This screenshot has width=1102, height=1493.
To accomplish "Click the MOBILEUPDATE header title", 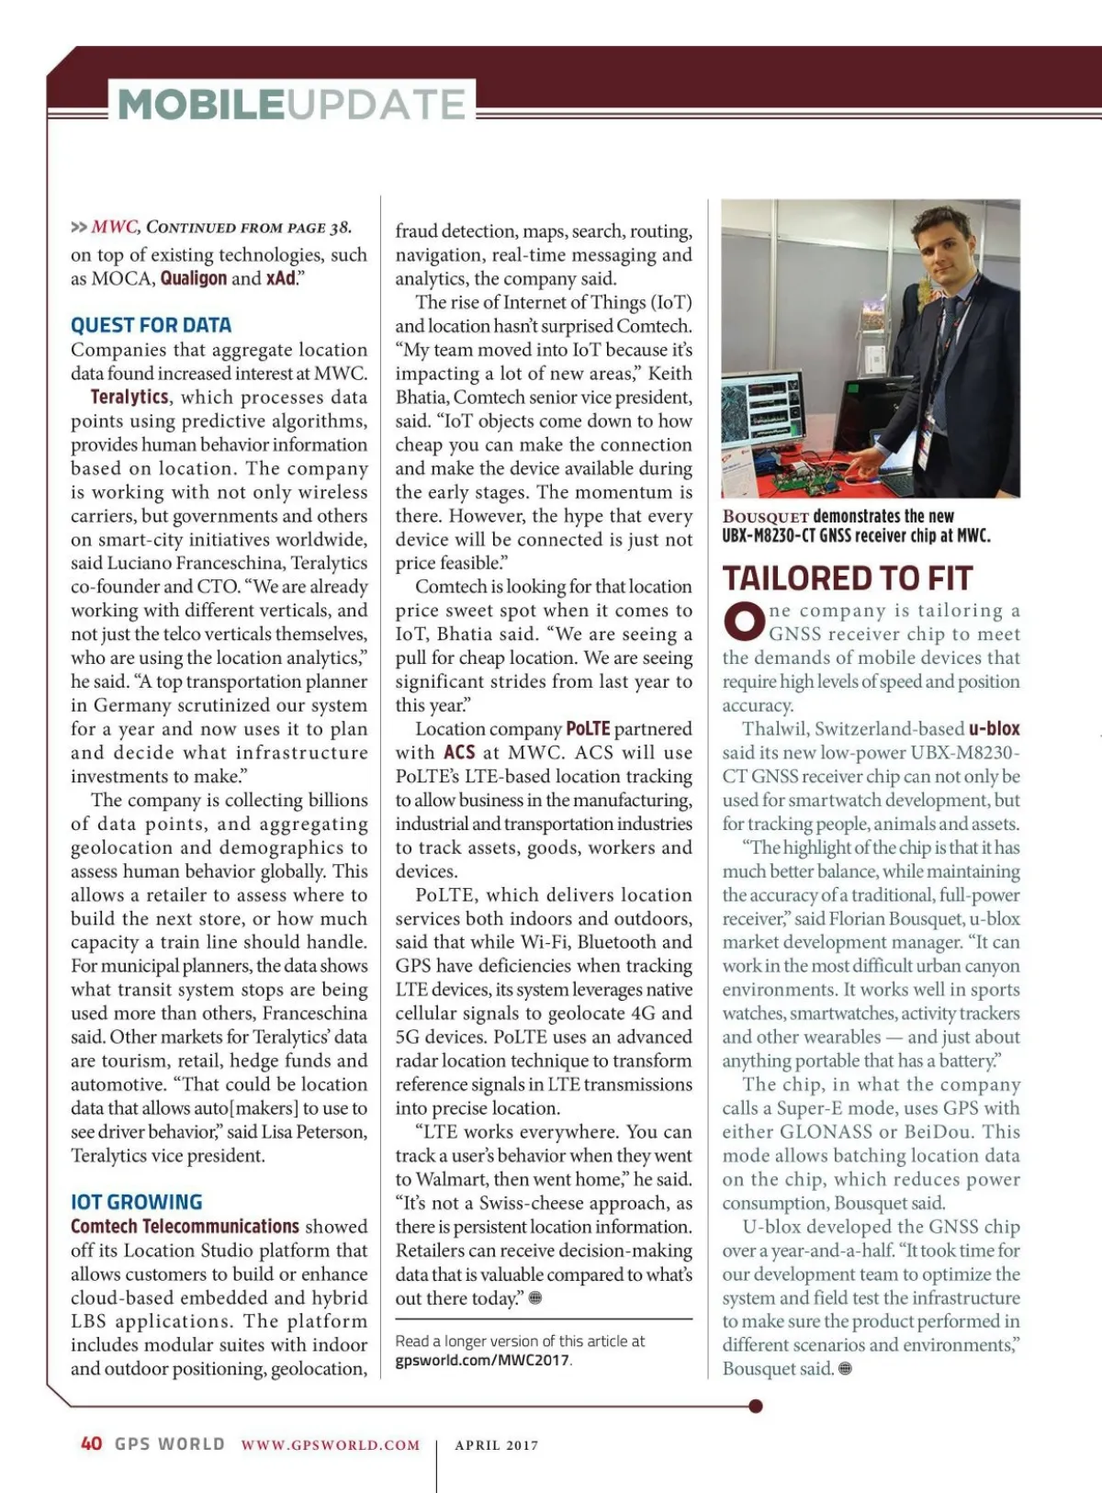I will pyautogui.click(x=292, y=104).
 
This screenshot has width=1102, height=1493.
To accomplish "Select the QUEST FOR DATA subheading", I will pyautogui.click(x=151, y=325).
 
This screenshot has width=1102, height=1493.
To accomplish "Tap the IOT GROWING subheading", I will pyautogui.click(x=136, y=1202).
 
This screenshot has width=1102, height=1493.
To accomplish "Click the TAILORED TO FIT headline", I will pyautogui.click(x=847, y=578).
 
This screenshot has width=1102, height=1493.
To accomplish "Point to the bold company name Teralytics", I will pyautogui.click(x=129, y=397).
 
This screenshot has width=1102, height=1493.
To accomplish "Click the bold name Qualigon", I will pyautogui.click(x=193, y=278).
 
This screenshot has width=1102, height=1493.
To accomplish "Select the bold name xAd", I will pyautogui.click(x=280, y=278).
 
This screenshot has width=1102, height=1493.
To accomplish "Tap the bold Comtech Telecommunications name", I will pyautogui.click(x=185, y=1227).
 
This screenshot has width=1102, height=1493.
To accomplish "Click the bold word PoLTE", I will pyautogui.click(x=588, y=729).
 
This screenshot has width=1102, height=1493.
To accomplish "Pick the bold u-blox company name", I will pyautogui.click(x=994, y=729).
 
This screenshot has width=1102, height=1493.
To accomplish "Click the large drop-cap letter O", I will pyautogui.click(x=743, y=622).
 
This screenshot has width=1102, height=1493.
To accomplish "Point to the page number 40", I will pyautogui.click(x=92, y=1443).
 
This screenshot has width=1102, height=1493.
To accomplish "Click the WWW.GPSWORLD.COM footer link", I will pyautogui.click(x=331, y=1444).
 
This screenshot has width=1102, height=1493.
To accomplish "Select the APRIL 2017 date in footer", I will pyautogui.click(x=497, y=1444).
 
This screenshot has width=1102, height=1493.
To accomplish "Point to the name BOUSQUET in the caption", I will pyautogui.click(x=765, y=517).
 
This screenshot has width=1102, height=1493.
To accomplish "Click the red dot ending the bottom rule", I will pyautogui.click(x=756, y=1406).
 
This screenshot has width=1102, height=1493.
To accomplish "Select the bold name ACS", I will pyautogui.click(x=459, y=753).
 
